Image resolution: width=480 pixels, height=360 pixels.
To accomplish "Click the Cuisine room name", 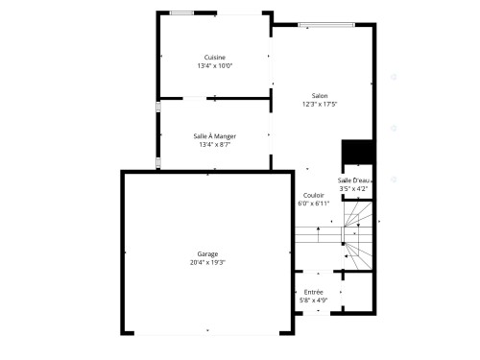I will coord(215,58).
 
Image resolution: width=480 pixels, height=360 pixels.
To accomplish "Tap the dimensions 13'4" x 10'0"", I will coord(215,66).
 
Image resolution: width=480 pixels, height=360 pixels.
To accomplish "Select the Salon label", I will coord(320,95).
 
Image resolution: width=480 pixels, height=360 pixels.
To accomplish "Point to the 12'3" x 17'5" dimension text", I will coord(320,104).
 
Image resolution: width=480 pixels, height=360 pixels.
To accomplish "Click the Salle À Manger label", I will coord(215,136).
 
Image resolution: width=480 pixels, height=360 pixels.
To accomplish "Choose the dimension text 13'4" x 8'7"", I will coord(215,145).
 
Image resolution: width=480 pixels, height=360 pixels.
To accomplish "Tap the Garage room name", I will coord(207,253).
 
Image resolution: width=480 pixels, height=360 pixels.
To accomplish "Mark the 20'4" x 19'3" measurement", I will coord(207,262).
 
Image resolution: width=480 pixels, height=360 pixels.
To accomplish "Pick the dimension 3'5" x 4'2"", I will coord(353,189).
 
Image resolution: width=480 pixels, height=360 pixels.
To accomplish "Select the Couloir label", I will coord(313,195).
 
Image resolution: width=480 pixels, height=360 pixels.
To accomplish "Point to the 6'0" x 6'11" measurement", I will coord(313,204).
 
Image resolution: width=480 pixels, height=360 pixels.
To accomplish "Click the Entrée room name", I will coord(313,292).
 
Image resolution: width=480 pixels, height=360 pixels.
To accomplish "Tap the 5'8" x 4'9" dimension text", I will coord(313,300).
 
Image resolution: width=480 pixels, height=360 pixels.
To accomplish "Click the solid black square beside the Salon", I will coord(356,153).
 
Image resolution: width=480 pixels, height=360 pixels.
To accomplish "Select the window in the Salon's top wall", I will coord(321,25).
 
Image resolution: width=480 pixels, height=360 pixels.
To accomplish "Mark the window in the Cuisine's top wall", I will coord(180,12).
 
